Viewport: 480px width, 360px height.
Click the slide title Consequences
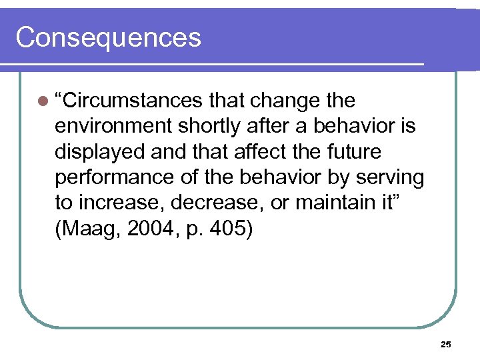[108, 37]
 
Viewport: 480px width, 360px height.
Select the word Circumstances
[129, 101]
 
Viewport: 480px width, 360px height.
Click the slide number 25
[446, 345]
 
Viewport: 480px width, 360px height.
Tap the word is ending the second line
[407, 127]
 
